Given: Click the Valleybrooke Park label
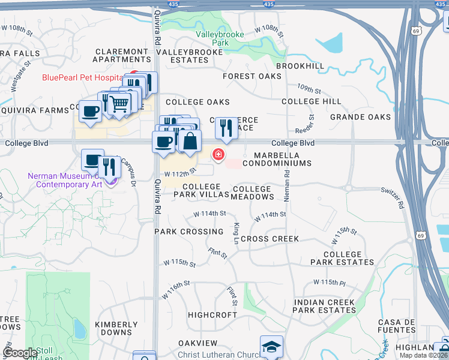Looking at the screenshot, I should (220, 39).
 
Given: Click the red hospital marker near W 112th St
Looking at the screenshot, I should (218, 155).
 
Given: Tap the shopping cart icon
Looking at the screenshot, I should (119, 103).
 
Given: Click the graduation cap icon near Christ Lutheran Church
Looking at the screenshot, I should (271, 346).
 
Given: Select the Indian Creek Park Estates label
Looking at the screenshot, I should (324, 307).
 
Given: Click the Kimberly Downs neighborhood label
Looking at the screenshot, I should (113, 328).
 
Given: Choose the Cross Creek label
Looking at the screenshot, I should (270, 239).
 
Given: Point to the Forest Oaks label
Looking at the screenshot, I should (252, 76).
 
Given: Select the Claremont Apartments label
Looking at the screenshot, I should (121, 56).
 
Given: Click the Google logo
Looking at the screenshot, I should (20, 352).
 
